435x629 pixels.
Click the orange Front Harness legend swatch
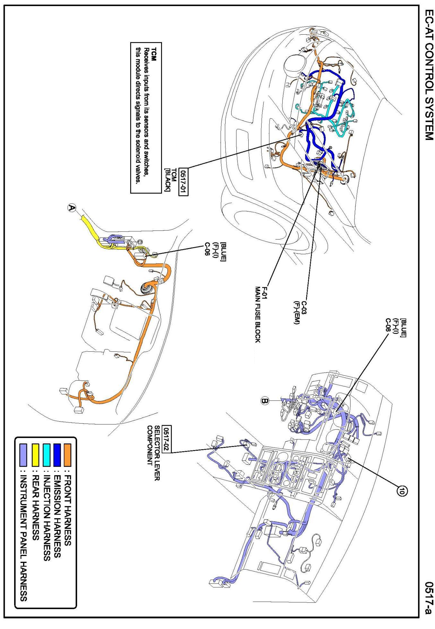(x=68, y=455)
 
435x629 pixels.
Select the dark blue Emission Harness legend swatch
(x=57, y=455)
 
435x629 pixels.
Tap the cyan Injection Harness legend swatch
(x=47, y=455)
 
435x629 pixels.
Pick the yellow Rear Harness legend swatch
(x=36, y=455)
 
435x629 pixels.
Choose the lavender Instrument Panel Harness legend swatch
(x=23, y=455)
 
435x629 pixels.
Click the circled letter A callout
(x=72, y=208)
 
